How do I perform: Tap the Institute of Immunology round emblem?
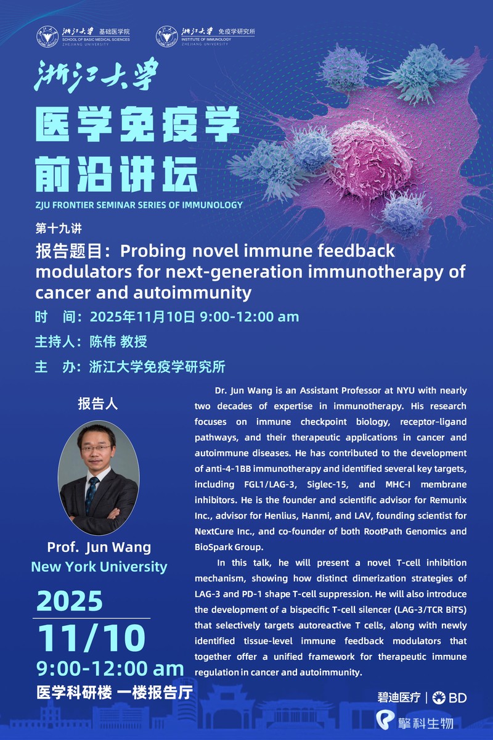(167, 36)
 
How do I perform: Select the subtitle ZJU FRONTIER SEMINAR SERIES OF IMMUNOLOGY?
(139, 205)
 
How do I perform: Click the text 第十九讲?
(59, 229)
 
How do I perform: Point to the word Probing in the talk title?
(153, 252)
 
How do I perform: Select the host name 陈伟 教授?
(118, 342)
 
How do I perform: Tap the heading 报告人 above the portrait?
(98, 404)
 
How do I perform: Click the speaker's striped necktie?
(91, 495)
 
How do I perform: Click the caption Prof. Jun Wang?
(99, 548)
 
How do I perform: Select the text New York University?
(99, 567)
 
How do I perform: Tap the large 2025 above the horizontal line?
(70, 601)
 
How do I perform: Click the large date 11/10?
(91, 638)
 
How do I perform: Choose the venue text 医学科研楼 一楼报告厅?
(115, 693)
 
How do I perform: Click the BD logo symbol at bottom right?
(439, 697)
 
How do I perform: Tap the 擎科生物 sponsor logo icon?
(385, 719)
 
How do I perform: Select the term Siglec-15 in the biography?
(327, 484)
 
